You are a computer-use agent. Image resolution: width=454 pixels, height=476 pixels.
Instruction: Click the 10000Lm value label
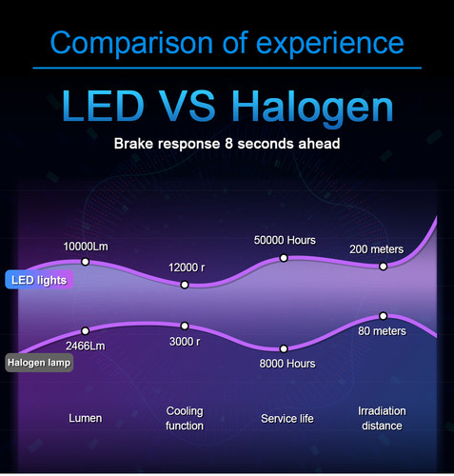86,247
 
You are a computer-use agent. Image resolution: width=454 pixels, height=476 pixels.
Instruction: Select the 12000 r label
185,268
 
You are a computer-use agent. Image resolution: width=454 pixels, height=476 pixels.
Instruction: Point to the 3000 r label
185,342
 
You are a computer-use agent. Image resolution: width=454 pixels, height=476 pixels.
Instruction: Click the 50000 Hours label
285,240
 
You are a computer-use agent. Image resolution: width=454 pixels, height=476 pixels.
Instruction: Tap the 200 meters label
377,249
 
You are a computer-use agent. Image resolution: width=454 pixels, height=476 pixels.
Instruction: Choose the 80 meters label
383,331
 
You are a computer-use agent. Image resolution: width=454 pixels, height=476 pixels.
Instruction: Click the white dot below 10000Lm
86,262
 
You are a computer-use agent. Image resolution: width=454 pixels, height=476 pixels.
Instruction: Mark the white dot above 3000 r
185,326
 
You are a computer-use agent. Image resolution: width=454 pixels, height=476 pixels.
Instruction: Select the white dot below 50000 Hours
285,258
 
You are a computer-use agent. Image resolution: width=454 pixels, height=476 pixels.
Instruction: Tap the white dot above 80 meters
383,315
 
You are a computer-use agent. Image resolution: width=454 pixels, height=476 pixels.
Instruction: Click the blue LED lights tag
38,280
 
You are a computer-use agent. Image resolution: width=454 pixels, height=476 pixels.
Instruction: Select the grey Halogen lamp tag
39,363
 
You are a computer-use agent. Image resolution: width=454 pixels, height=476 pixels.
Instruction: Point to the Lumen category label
86,418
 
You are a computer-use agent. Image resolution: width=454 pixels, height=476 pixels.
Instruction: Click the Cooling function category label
185,418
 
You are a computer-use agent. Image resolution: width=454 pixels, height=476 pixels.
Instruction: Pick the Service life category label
287,418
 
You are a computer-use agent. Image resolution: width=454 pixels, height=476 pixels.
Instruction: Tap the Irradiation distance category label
382,418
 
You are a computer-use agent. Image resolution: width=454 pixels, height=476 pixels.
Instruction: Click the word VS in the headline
196,107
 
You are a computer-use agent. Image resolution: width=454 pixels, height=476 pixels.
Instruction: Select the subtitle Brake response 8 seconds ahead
227,145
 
